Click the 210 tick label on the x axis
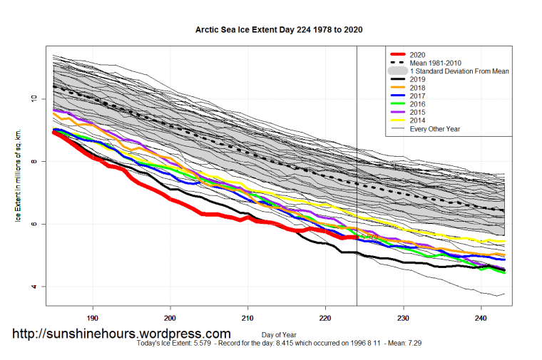pos(247,318)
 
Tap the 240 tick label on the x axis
pos(480,318)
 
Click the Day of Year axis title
pos(280,335)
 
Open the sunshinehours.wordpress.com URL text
pos(122,334)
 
